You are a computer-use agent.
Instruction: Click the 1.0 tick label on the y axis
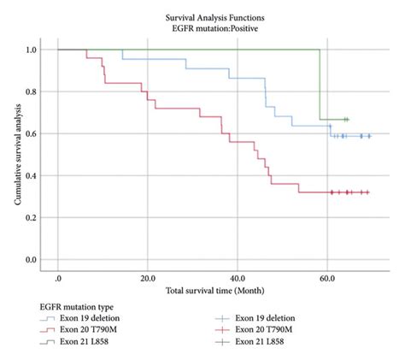pyautogui.click(x=32, y=50)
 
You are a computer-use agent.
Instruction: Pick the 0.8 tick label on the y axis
pyautogui.click(x=32, y=91)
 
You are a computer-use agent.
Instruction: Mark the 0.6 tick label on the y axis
pyautogui.click(x=32, y=133)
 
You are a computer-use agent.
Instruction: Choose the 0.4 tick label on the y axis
pyautogui.click(x=32, y=175)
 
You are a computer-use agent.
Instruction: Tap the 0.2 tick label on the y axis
pyautogui.click(x=32, y=217)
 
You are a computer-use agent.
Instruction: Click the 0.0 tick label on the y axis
pyautogui.click(x=32, y=259)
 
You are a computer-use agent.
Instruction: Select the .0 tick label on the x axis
pyautogui.click(x=57, y=278)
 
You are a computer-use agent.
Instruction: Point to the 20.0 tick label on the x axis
pyautogui.click(x=147, y=278)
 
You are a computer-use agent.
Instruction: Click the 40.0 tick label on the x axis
pyautogui.click(x=237, y=278)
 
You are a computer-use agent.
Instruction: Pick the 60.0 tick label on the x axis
pyautogui.click(x=326, y=278)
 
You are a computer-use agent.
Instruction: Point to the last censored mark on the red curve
pyautogui.click(x=367, y=192)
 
